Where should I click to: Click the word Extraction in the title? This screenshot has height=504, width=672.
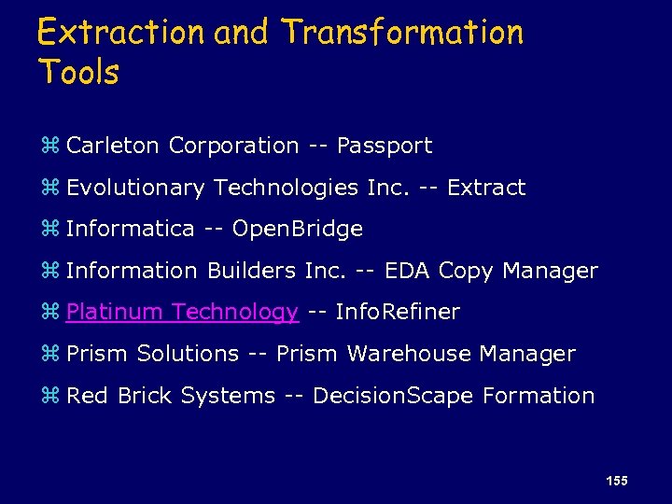coord(121,33)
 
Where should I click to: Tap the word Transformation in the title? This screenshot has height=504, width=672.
coord(402,33)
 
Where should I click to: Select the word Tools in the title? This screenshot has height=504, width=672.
coord(78,72)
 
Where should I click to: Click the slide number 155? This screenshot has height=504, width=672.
coord(616,481)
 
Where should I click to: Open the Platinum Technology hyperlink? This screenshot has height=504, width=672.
coord(182,312)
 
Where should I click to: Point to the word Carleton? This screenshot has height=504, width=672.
coord(114,146)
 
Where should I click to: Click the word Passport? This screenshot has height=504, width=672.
coord(385,146)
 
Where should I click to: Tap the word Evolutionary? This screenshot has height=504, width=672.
coord(135,188)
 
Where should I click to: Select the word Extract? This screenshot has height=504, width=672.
coord(486,188)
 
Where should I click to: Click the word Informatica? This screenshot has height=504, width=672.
coord(131,229)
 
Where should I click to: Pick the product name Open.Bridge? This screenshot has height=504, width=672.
coord(297,229)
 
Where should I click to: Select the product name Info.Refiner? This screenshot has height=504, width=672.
coord(397,312)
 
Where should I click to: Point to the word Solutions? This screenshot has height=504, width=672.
coord(188,354)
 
